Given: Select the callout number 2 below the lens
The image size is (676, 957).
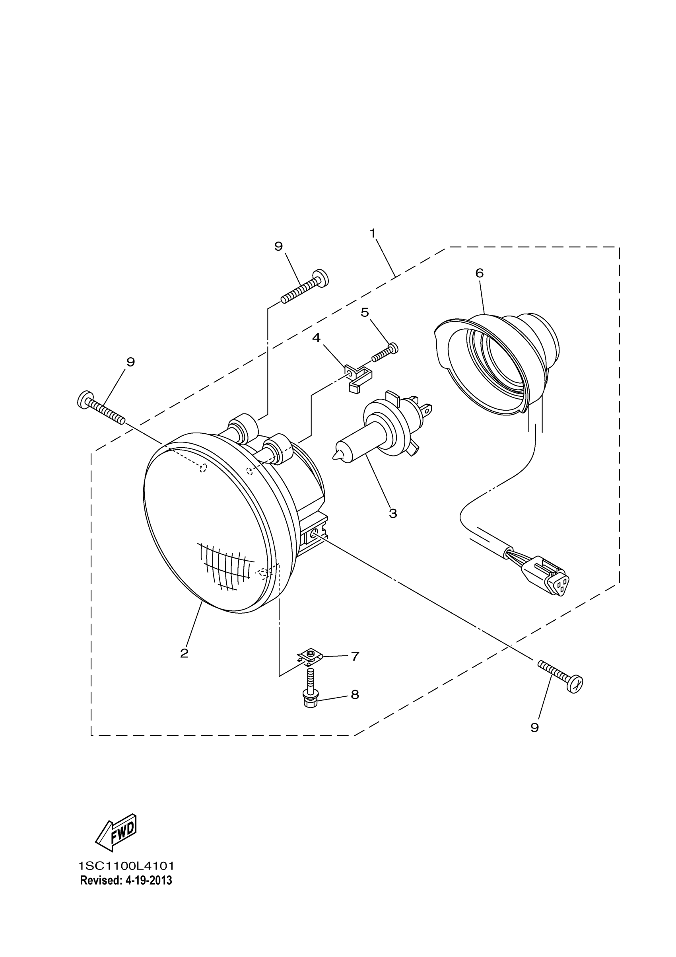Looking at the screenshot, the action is pyautogui.click(x=184, y=653).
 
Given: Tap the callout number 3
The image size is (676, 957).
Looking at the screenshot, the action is pyautogui.click(x=393, y=513).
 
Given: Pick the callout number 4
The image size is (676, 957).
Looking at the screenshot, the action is pyautogui.click(x=317, y=337).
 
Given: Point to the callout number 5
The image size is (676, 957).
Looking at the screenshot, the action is pyautogui.click(x=365, y=312).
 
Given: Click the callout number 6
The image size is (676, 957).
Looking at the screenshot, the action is pyautogui.click(x=480, y=273).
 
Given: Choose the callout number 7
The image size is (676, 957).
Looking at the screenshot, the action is pyautogui.click(x=355, y=657).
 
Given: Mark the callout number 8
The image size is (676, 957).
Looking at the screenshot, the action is pyautogui.click(x=355, y=694).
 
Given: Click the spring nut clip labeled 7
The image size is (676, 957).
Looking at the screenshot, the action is pyautogui.click(x=309, y=657).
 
